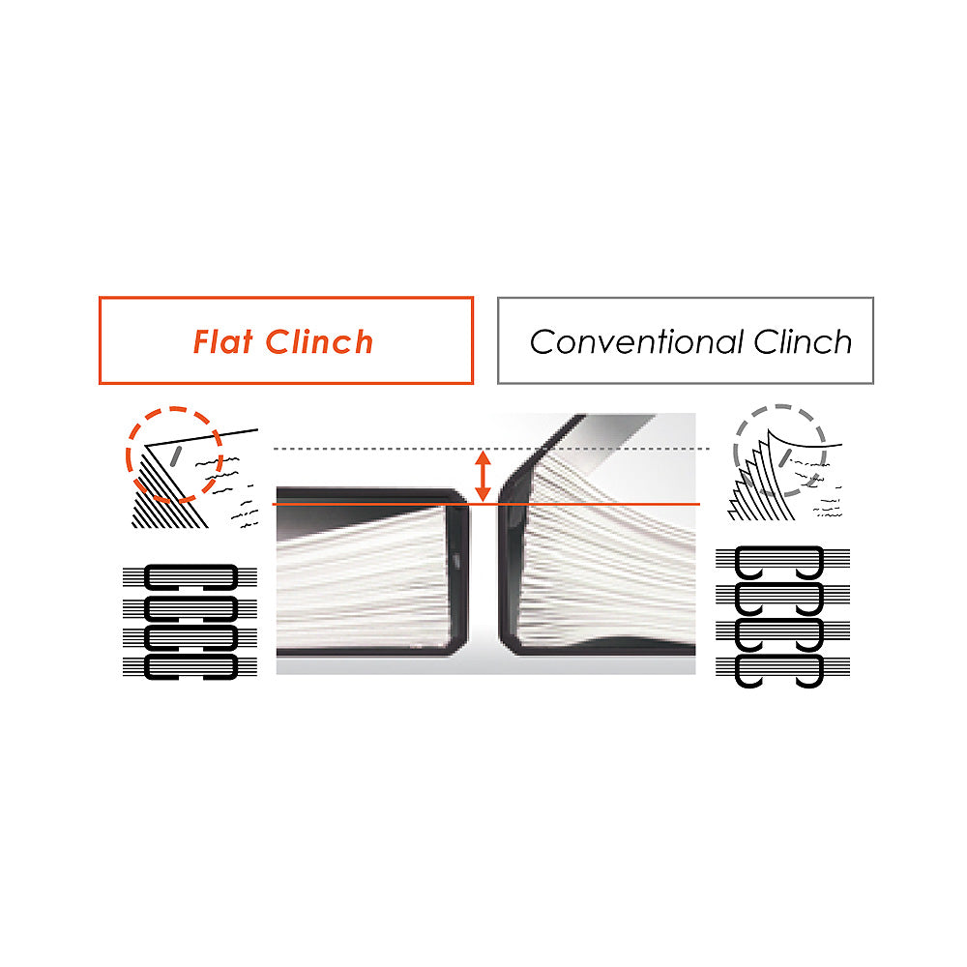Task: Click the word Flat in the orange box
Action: coord(223,341)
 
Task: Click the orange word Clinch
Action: coord(319,341)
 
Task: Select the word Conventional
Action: coord(636,341)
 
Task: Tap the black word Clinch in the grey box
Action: coord(803,341)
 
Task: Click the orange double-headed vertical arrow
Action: coord(483,476)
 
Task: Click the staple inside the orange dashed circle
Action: coord(175,455)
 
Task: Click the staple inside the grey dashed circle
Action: coord(784,457)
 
